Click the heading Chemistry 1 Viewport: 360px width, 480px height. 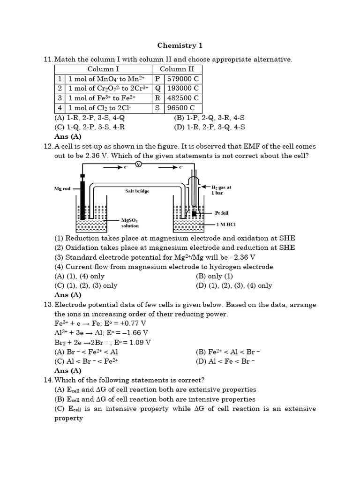coord(180,45)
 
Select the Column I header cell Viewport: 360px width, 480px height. coord(103,69)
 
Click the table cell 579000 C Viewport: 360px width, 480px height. coord(183,79)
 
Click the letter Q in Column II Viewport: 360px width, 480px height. coord(157,88)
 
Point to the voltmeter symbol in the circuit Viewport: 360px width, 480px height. coord(138,164)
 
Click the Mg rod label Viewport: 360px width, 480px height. coord(62,189)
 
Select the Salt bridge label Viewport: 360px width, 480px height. coord(137,191)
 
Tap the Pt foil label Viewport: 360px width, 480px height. coord(222,213)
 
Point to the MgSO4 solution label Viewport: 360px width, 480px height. coord(130,222)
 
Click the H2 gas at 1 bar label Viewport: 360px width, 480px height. coord(221,190)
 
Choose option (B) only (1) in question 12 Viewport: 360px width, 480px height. coord(214,276)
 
